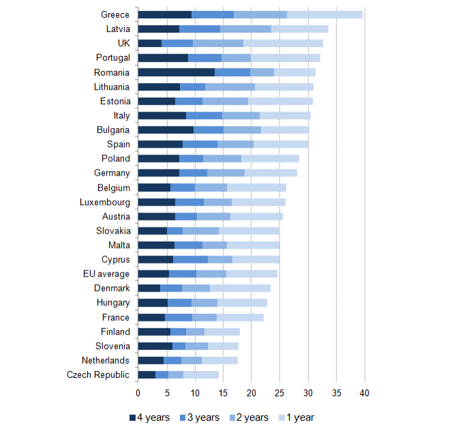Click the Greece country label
115,14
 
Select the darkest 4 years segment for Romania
176,72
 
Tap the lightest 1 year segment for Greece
324,14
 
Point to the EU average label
108,274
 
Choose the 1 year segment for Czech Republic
201,375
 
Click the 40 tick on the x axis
365,393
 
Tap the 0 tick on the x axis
138,393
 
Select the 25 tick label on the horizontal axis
279,393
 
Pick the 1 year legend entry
295,417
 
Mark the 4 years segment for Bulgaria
166,130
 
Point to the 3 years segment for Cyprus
190,259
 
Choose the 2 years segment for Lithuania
230,87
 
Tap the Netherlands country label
105,361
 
